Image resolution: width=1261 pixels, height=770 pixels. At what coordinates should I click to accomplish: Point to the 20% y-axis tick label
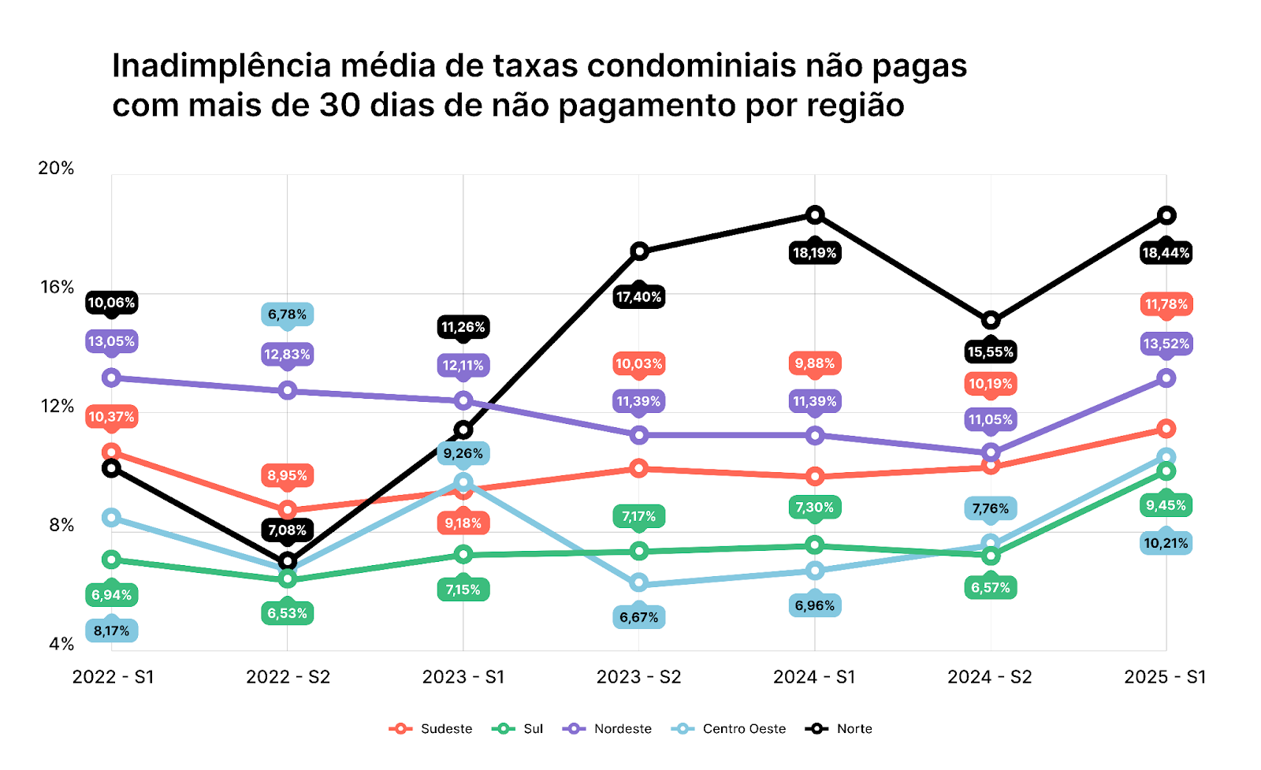click(x=56, y=168)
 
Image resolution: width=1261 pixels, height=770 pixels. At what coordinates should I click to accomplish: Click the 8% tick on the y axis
click(x=61, y=525)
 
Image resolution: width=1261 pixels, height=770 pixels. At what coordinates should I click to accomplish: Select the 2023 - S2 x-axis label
click(x=638, y=677)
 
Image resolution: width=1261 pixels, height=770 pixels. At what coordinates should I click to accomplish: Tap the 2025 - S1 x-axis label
click(x=1165, y=677)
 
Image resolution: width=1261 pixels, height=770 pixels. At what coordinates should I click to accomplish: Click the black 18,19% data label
click(x=815, y=253)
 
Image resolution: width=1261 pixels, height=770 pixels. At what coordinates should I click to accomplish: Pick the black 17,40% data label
click(x=639, y=297)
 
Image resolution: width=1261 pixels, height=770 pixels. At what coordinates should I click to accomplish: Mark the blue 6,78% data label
click(x=288, y=314)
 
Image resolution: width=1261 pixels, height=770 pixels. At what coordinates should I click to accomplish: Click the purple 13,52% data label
click(x=1166, y=344)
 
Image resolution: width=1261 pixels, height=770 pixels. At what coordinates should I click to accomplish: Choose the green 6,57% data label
click(x=991, y=587)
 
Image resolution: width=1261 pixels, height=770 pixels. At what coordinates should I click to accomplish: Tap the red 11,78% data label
click(x=1166, y=304)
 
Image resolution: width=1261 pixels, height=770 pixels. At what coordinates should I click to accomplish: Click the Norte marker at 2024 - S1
click(x=815, y=214)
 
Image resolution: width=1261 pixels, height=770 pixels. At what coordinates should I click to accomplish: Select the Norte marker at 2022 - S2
click(x=288, y=561)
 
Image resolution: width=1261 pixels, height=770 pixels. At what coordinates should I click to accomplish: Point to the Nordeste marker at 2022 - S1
click(x=112, y=378)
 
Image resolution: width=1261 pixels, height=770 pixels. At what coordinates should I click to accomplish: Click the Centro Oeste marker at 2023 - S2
click(x=639, y=583)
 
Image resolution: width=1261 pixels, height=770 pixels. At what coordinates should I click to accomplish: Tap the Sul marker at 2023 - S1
click(x=463, y=555)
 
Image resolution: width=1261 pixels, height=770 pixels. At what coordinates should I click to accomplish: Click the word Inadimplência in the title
click(x=221, y=66)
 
